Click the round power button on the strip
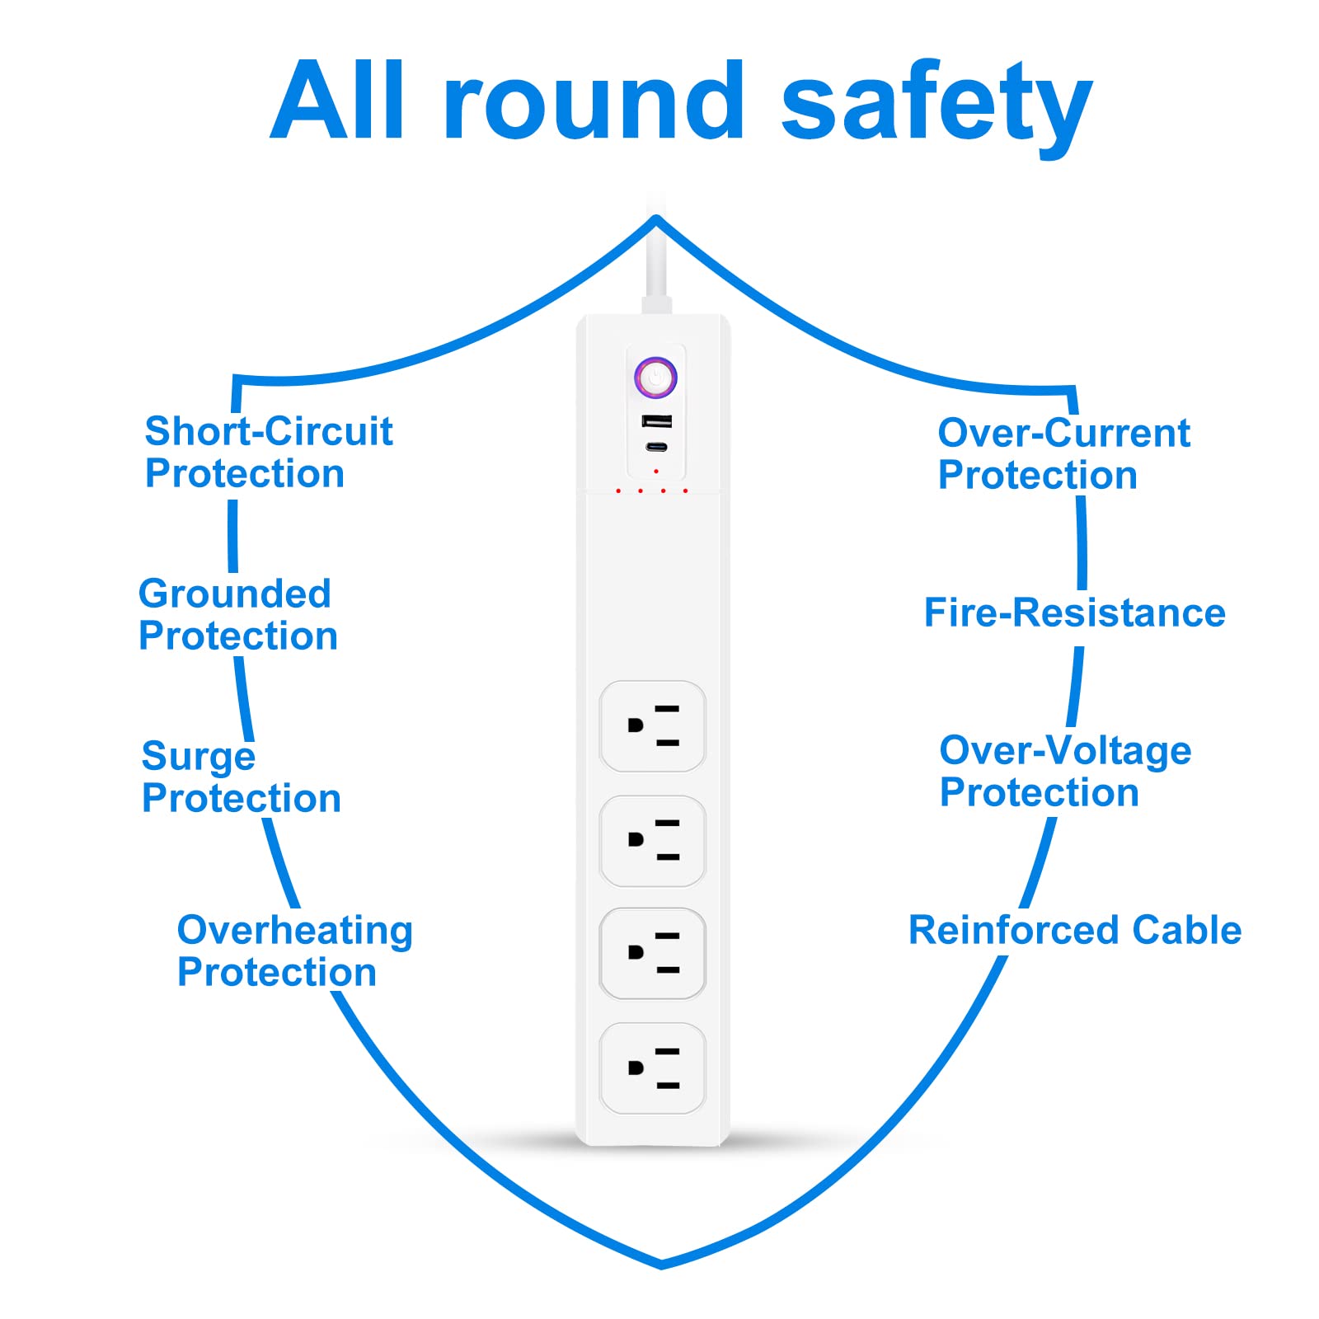pos(655,378)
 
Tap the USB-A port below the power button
pos(657,421)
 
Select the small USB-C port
pos(657,448)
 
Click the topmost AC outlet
pos(652,726)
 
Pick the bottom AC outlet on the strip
pos(652,1068)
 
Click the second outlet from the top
pos(652,840)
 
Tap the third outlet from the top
pos(652,954)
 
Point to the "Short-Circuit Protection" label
pos(268,452)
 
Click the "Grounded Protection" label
pos(237,615)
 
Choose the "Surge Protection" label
pos(241,777)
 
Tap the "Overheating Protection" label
pos(294,951)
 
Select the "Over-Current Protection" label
pos(1063,453)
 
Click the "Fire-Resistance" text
pos(1074,613)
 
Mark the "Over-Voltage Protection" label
pos(1065,771)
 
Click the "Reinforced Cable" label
pos(1074,930)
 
